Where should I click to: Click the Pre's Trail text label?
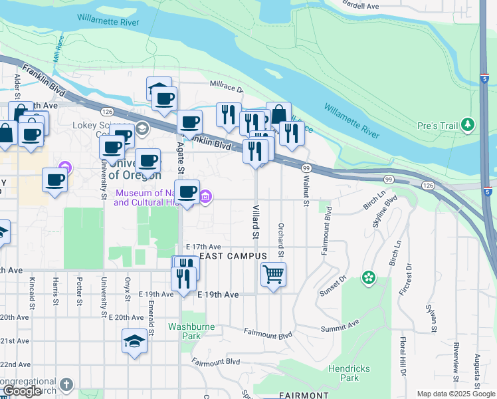[x=436, y=125]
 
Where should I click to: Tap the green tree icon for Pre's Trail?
[x=468, y=124]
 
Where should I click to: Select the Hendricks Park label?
[x=344, y=373]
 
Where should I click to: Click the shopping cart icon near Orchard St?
[x=273, y=274]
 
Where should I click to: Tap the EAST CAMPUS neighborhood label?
[x=233, y=256]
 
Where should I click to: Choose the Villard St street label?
[x=254, y=222]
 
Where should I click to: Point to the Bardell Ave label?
[x=361, y=5]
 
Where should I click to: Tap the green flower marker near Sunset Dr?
[x=369, y=278]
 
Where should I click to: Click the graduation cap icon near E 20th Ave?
[x=134, y=342]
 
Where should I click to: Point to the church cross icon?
[x=66, y=384]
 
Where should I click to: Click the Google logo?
[x=22, y=392]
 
